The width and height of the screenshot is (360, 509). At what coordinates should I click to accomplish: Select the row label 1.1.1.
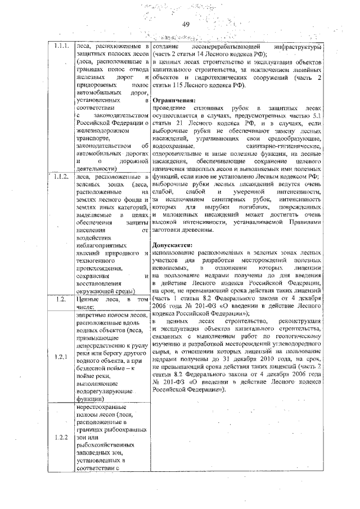pyautogui.click(x=61, y=47)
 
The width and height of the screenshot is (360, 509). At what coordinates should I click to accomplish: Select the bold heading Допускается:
pyautogui.click(x=173, y=246)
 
